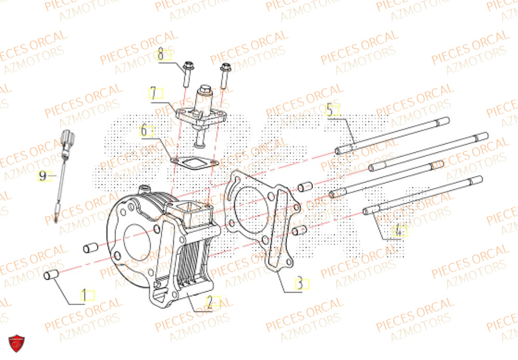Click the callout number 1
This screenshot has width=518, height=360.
pyautogui.click(x=85, y=296)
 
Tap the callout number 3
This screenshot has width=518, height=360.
pyautogui.click(x=300, y=284)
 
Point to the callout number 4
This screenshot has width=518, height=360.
pyautogui.click(x=399, y=232)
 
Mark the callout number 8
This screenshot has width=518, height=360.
pyautogui.click(x=162, y=53)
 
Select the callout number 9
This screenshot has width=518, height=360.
pyautogui.click(x=44, y=177)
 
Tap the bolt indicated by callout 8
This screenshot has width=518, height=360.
pyautogui.click(x=188, y=75)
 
